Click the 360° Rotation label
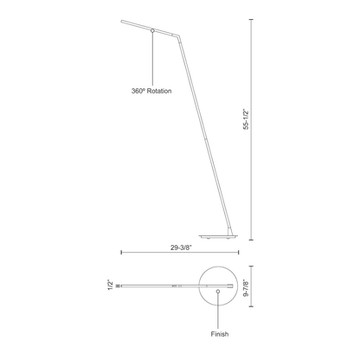[151, 91]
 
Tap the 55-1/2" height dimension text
[246, 119]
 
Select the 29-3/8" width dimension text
[181, 247]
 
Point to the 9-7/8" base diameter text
[246, 287]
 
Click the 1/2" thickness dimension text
[111, 285]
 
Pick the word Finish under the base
[220, 334]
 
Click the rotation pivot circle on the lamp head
[152, 30]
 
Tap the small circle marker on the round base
[218, 292]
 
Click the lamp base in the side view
[218, 237]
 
